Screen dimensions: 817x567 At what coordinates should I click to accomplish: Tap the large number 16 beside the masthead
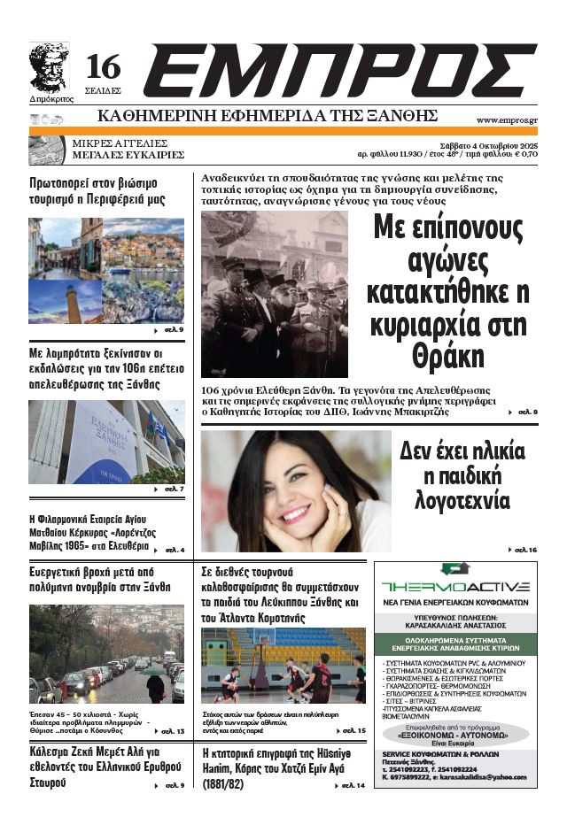[x=103, y=67]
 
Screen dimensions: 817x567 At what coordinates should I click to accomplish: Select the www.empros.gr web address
[x=507, y=119]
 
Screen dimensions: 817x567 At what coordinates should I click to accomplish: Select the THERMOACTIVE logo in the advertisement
[x=455, y=586]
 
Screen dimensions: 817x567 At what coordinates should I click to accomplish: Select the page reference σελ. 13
[x=167, y=731]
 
